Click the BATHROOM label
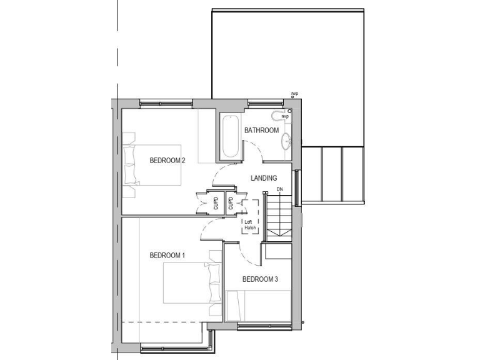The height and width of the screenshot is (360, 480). pos(261,131)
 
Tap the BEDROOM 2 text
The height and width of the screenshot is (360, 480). pos(167,161)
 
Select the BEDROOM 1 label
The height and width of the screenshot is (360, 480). pos(167,256)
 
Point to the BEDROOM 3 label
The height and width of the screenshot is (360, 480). pos(259,279)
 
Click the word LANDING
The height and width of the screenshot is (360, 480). pos(264,178)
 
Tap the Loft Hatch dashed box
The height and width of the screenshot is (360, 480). pos(251,216)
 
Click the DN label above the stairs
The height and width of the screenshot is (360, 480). pos(279,189)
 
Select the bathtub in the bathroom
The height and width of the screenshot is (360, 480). pos(229,136)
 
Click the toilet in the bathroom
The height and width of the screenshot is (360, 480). pos(279,116)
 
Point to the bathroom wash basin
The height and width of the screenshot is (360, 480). pos(286,141)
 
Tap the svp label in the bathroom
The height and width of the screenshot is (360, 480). pos(285,116)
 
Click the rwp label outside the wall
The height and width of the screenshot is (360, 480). pos(294,94)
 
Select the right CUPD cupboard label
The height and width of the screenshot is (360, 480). pos(231,203)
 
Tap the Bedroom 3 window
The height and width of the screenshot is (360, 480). pos(264,326)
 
